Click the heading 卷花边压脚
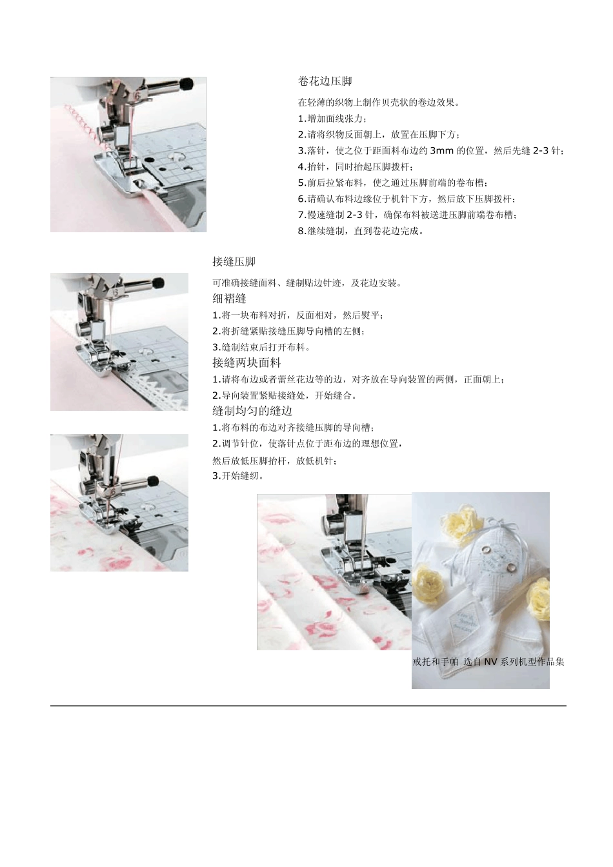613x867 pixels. pos(325,81)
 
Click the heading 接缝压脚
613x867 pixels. pos(234,261)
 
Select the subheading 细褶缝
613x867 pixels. pos(229,299)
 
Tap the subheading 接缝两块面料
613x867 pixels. pos(246,363)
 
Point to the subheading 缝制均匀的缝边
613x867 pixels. pos(252,411)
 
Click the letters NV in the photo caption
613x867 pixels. pos(490,661)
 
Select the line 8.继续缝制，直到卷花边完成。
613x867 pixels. pos(361,231)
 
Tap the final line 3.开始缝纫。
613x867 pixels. pos(238,476)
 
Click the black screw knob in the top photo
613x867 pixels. pos(186,83)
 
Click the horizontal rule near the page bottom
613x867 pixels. pos(308,706)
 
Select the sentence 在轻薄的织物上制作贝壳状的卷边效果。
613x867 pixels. pos(379,102)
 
